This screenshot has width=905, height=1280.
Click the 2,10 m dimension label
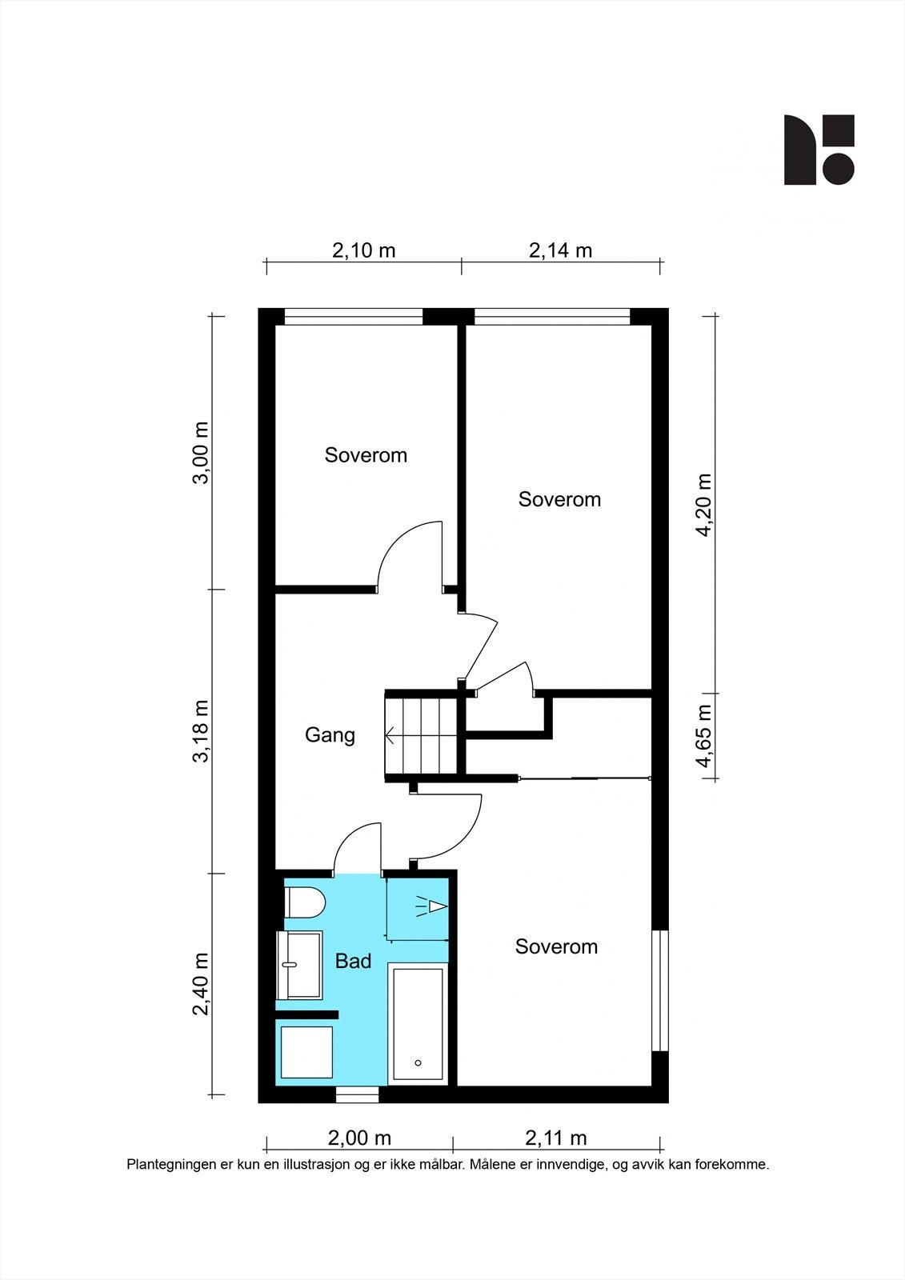(x=363, y=250)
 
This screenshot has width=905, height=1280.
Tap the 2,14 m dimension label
(x=560, y=250)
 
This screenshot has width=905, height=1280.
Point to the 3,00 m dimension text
(x=201, y=453)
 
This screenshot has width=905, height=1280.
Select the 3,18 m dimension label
(x=201, y=731)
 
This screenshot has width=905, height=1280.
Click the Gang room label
(x=330, y=735)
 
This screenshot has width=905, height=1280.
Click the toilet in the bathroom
(x=305, y=903)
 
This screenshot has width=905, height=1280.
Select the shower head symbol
(x=432, y=906)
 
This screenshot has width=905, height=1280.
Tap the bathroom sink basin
(x=300, y=965)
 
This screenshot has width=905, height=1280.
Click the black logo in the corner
(x=819, y=150)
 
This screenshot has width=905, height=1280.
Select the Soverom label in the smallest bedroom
(x=366, y=455)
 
